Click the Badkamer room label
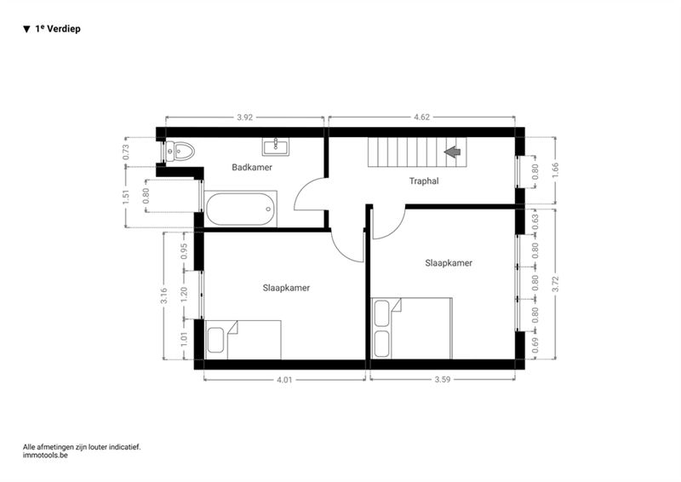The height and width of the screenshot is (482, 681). [252, 167]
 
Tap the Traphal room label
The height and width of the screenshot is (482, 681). [424, 181]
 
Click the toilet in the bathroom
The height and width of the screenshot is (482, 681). [180, 152]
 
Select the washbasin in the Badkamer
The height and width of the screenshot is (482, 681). [275, 147]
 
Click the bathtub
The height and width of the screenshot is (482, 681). [241, 209]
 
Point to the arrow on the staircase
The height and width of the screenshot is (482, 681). [453, 152]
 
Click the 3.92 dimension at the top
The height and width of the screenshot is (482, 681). [245, 118]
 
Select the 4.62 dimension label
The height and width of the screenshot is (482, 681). [421, 117]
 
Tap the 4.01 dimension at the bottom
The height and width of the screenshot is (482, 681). [284, 380]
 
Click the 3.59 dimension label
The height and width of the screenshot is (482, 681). [443, 380]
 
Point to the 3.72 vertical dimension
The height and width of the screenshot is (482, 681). [556, 284]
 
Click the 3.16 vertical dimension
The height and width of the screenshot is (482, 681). [163, 296]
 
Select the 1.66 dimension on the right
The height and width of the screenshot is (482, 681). [556, 170]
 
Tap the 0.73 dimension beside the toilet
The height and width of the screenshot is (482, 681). [126, 152]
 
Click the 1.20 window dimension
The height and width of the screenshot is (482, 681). [184, 295]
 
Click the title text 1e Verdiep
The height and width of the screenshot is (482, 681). [58, 29]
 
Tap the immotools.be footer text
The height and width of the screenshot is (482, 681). [46, 456]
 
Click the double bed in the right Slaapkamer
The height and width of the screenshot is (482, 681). [412, 329]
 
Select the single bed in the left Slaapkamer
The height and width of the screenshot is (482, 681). [243, 340]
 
